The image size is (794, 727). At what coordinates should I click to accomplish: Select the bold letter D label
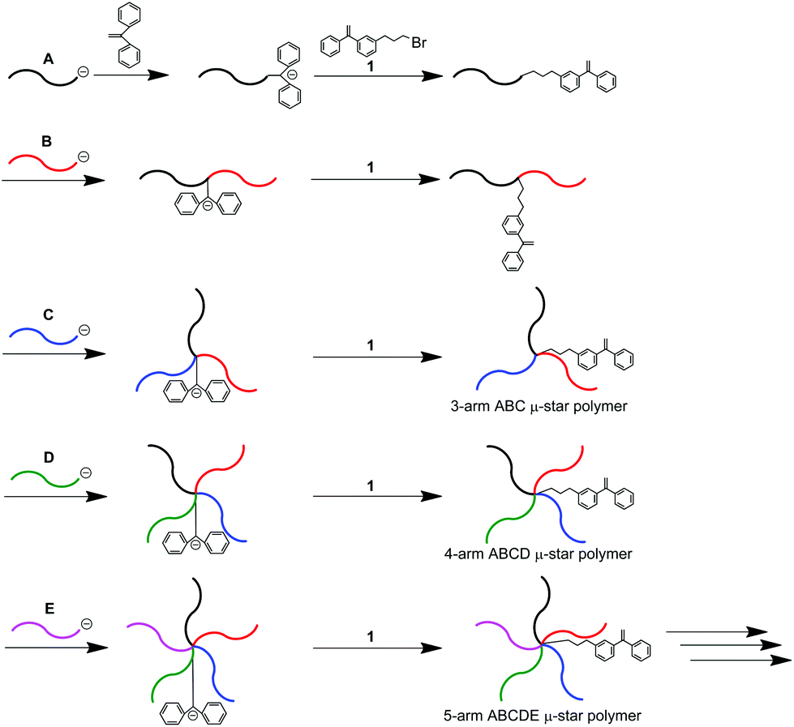pos(47,458)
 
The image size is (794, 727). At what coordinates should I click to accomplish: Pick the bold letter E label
pos(47,605)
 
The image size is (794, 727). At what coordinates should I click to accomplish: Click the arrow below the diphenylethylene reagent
pos(131,75)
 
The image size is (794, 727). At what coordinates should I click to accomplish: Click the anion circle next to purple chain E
pos(86,622)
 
